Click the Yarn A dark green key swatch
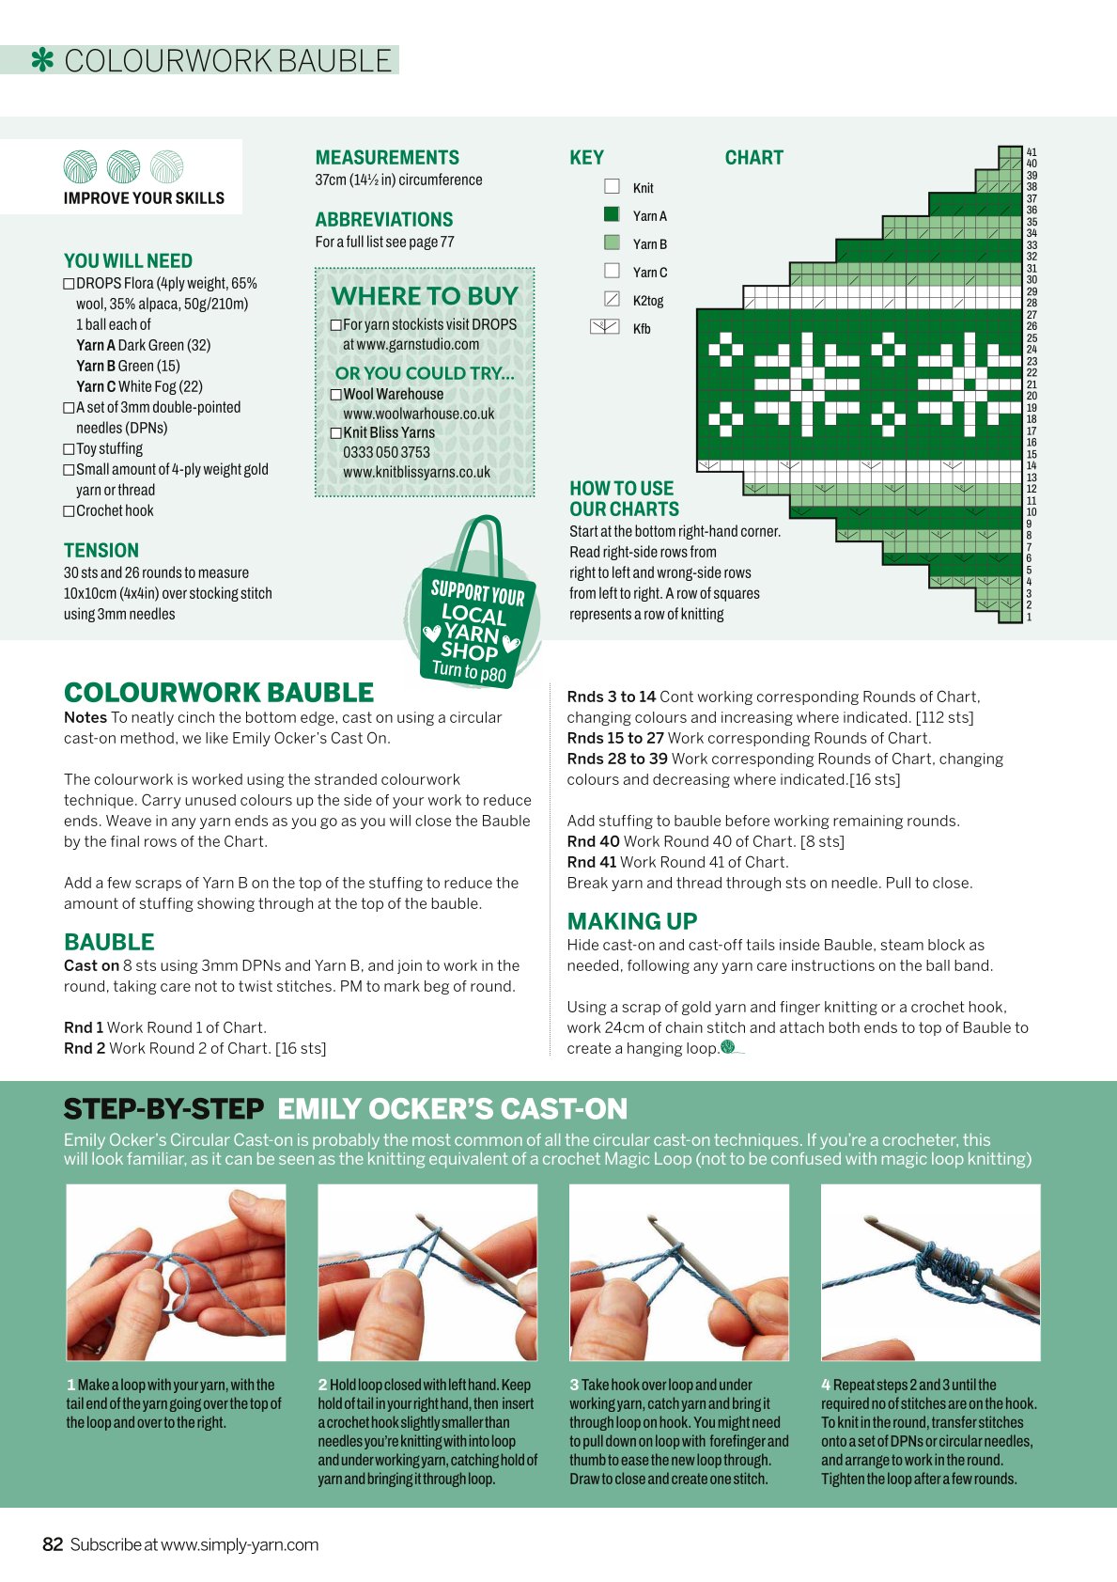click(612, 214)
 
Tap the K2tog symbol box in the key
click(612, 300)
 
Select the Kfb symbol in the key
click(605, 327)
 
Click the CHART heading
click(753, 158)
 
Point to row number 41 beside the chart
click(1031, 152)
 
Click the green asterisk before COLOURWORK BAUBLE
click(42, 60)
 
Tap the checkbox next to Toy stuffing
click(69, 449)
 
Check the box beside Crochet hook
click(69, 511)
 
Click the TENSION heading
click(101, 550)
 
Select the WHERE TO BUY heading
click(425, 296)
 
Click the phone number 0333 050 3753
click(386, 452)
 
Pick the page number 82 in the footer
click(53, 1544)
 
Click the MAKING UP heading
click(632, 921)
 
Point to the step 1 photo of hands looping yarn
click(176, 1273)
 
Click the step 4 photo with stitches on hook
click(931, 1273)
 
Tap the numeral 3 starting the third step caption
click(574, 1385)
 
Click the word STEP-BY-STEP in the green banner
click(163, 1109)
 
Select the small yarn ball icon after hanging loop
click(728, 1047)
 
